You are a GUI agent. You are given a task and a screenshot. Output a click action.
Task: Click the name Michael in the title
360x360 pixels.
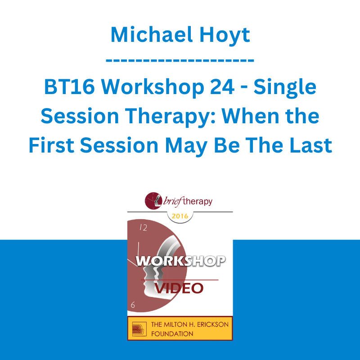tap(151, 35)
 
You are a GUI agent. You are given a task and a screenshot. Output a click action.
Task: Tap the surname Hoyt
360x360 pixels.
tap(225, 35)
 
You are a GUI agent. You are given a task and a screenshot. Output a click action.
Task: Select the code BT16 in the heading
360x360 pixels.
tap(69, 87)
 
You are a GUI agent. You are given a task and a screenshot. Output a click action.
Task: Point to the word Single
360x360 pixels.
tap(285, 88)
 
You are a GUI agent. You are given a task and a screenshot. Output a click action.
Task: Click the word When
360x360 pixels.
tap(250, 116)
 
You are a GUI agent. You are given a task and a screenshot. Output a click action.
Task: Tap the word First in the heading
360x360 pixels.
tap(51, 145)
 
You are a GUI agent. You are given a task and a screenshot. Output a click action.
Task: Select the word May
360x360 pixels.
tap(186, 147)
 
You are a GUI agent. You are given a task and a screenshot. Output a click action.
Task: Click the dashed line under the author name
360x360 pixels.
tap(180, 61)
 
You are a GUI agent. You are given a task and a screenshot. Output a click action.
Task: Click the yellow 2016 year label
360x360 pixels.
tap(180, 216)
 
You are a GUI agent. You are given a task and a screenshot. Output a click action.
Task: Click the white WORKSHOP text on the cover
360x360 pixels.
tap(180, 261)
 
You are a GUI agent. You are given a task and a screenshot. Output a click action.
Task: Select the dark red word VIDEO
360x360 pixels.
tap(179, 288)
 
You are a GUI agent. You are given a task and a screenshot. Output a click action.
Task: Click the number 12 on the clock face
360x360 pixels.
tap(143, 228)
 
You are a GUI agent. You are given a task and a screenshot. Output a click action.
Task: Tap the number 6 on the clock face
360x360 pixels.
tap(133, 305)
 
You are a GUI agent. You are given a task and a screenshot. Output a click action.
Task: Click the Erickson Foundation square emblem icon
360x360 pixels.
tap(139, 329)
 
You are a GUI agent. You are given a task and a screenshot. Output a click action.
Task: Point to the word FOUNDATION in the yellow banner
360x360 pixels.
tap(172, 333)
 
